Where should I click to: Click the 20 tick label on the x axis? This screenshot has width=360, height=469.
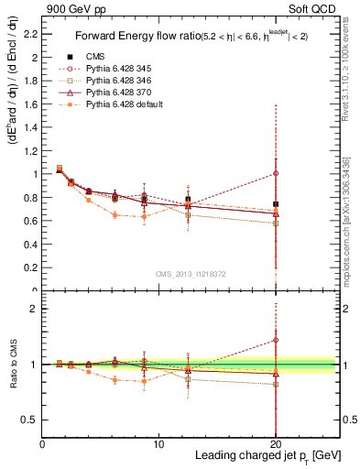[x=276, y=444]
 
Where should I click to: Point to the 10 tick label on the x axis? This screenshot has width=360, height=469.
[x=158, y=444]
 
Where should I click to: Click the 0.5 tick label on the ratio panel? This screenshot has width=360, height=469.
[x=29, y=420]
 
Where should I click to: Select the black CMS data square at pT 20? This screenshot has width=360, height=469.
[x=276, y=204]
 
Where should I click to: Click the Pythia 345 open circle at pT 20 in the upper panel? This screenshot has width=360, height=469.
[x=276, y=173]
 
